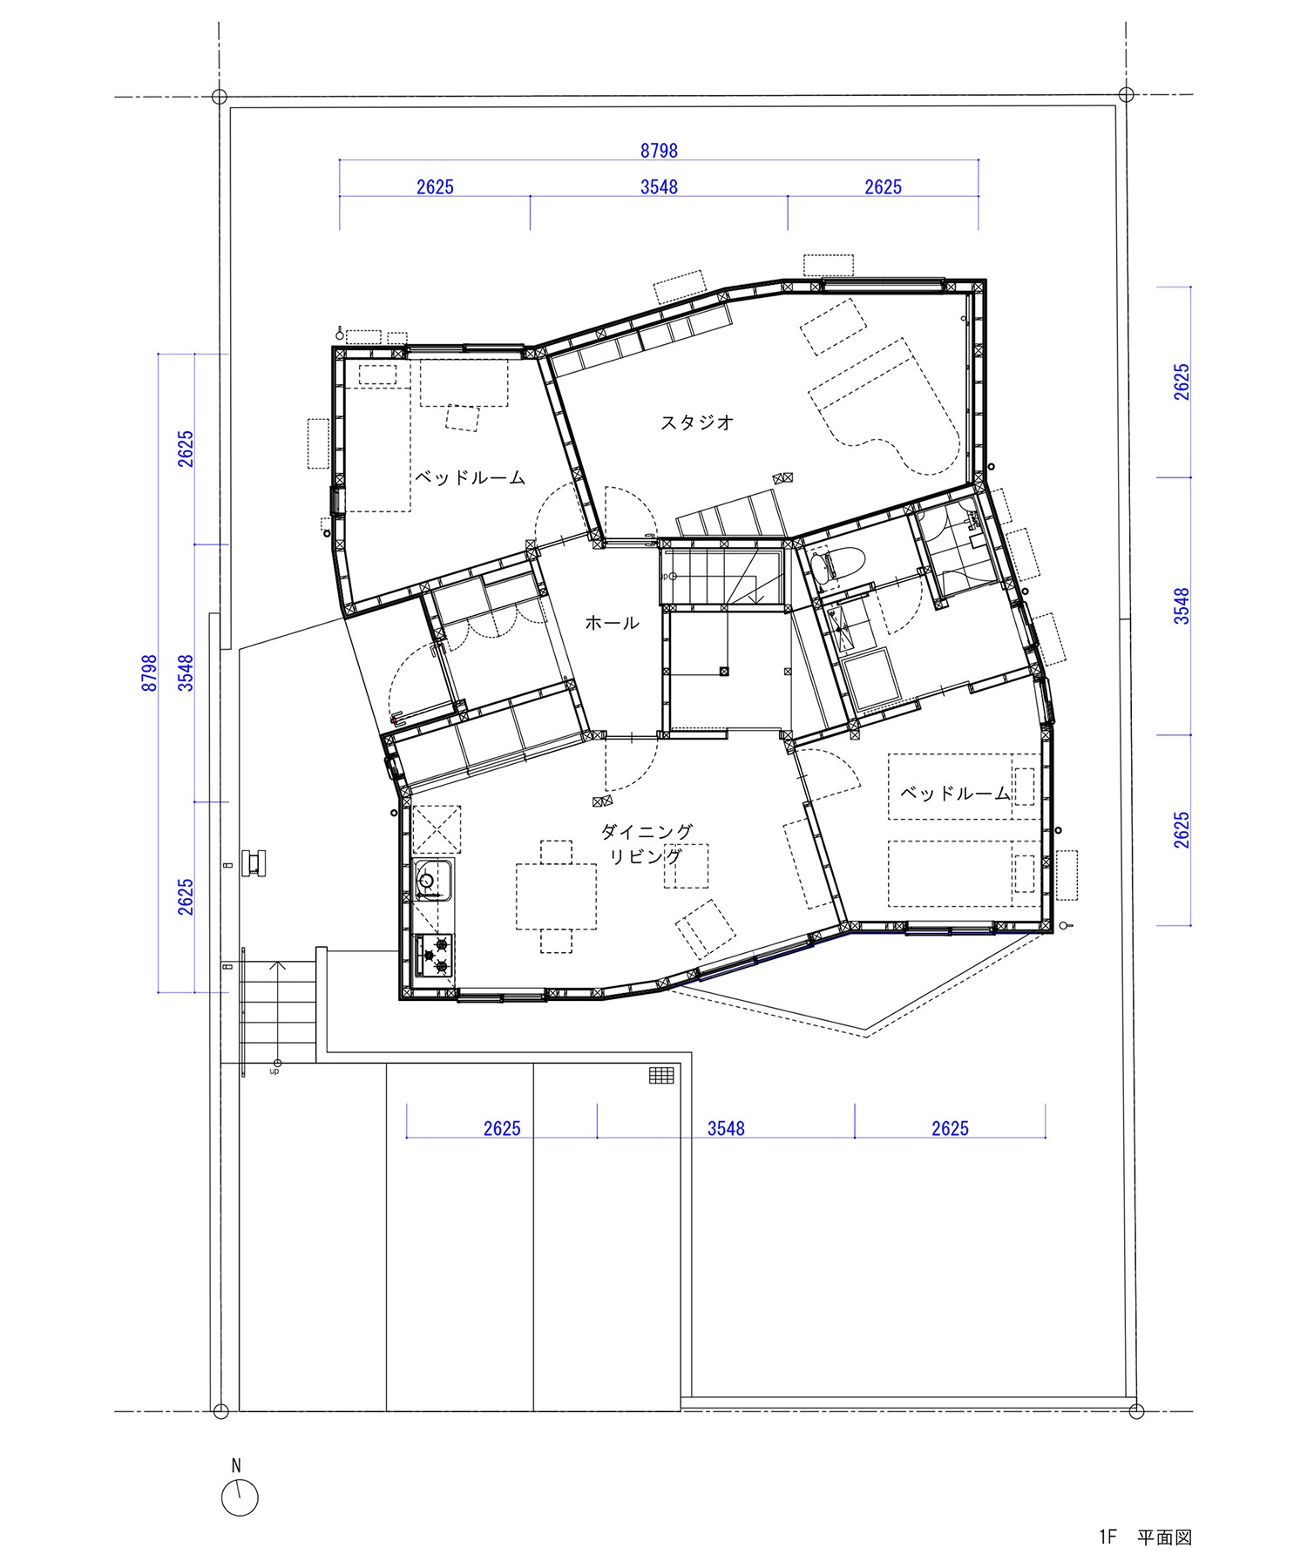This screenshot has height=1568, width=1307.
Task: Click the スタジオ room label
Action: [x=697, y=422]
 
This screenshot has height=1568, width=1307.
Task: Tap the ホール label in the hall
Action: [x=612, y=623]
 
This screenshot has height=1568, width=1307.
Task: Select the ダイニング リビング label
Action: [x=647, y=844]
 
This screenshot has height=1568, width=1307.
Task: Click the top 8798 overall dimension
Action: [x=659, y=151]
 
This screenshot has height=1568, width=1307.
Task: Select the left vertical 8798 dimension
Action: [x=150, y=672]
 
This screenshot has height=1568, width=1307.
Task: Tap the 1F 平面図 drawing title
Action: [x=1144, y=1537]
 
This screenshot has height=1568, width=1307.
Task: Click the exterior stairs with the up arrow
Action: [x=276, y=1010]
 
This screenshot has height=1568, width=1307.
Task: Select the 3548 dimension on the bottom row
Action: [x=726, y=1128]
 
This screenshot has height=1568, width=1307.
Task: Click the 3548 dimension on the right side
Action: [x=1181, y=605]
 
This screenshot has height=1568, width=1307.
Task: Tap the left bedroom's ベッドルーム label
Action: [x=470, y=477]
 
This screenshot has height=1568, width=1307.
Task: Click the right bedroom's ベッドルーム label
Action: [x=954, y=793]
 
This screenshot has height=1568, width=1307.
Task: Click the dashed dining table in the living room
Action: [x=557, y=896]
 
